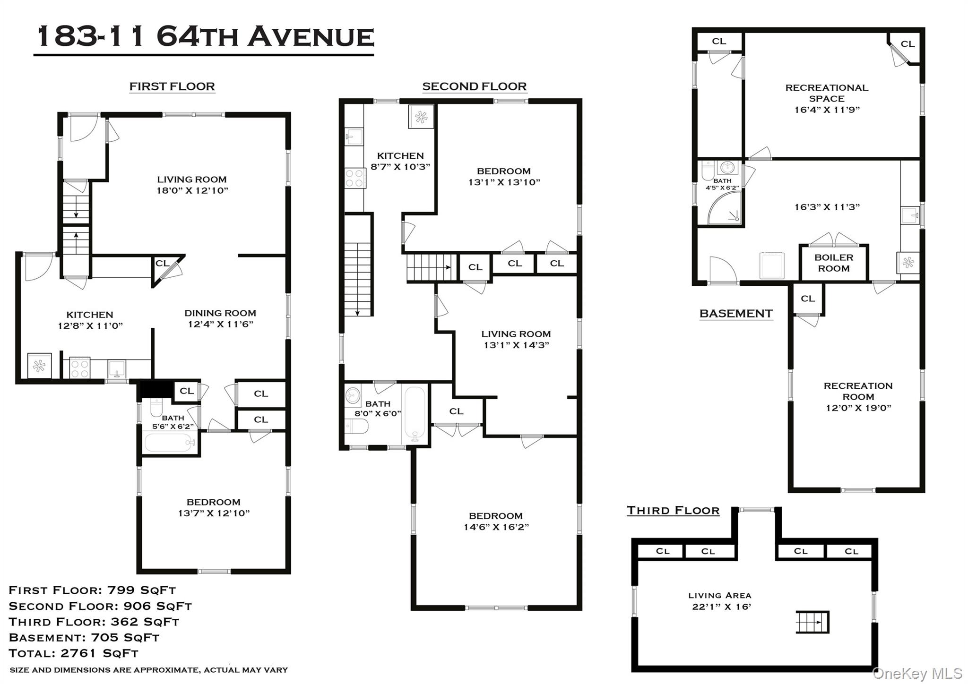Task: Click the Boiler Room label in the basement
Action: [833, 263]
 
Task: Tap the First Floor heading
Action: [172, 86]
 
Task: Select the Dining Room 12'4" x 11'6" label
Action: [220, 318]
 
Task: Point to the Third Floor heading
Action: [673, 511]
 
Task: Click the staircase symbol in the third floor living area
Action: [812, 622]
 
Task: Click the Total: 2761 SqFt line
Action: [74, 653]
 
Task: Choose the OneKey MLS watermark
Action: [917, 673]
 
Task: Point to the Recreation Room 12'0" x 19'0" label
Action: [858, 397]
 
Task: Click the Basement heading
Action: [735, 314]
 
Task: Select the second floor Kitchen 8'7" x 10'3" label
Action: [400, 161]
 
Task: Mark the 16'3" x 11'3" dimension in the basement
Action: [827, 207]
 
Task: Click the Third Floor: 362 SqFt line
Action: [94, 622]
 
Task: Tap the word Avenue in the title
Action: [311, 37]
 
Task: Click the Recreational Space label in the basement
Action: [827, 98]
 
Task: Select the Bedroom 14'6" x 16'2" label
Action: [496, 522]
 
